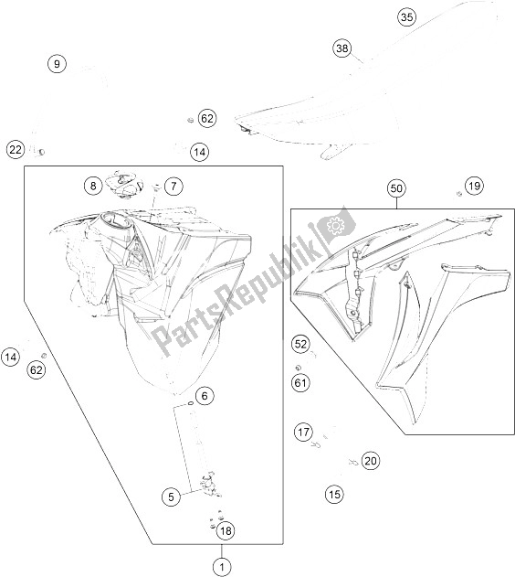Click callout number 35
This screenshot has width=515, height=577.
(x=406, y=17)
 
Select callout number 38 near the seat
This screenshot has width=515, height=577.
(x=342, y=48)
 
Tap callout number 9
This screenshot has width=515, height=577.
(x=57, y=64)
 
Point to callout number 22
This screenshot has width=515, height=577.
(x=16, y=150)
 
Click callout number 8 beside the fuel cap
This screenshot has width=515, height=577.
(x=93, y=186)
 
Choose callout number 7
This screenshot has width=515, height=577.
(x=173, y=186)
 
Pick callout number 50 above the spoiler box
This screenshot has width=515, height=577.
(x=396, y=188)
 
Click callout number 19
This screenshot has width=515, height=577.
(x=474, y=186)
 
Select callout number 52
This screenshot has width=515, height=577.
(x=300, y=344)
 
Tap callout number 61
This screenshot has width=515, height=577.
(x=300, y=383)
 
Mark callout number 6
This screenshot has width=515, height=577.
(x=205, y=396)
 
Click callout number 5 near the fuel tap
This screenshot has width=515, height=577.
(x=171, y=497)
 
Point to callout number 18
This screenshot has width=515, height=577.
(x=226, y=530)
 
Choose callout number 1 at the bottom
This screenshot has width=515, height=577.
(x=222, y=566)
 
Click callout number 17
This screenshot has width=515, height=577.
(x=303, y=432)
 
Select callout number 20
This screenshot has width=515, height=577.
(x=371, y=461)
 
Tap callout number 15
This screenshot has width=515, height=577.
(x=334, y=494)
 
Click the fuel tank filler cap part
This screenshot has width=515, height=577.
(x=124, y=185)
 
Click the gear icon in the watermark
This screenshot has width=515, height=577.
(x=334, y=226)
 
